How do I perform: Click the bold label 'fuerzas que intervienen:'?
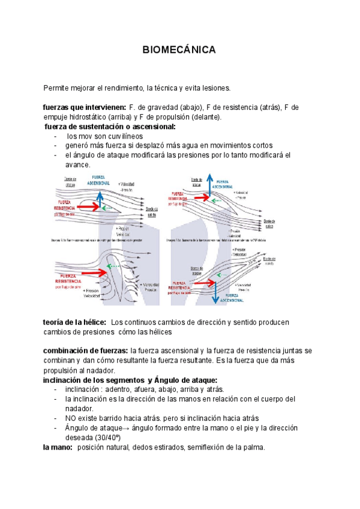tap(85, 107)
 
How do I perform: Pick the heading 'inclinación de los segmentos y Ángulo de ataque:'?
tap(130, 380)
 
